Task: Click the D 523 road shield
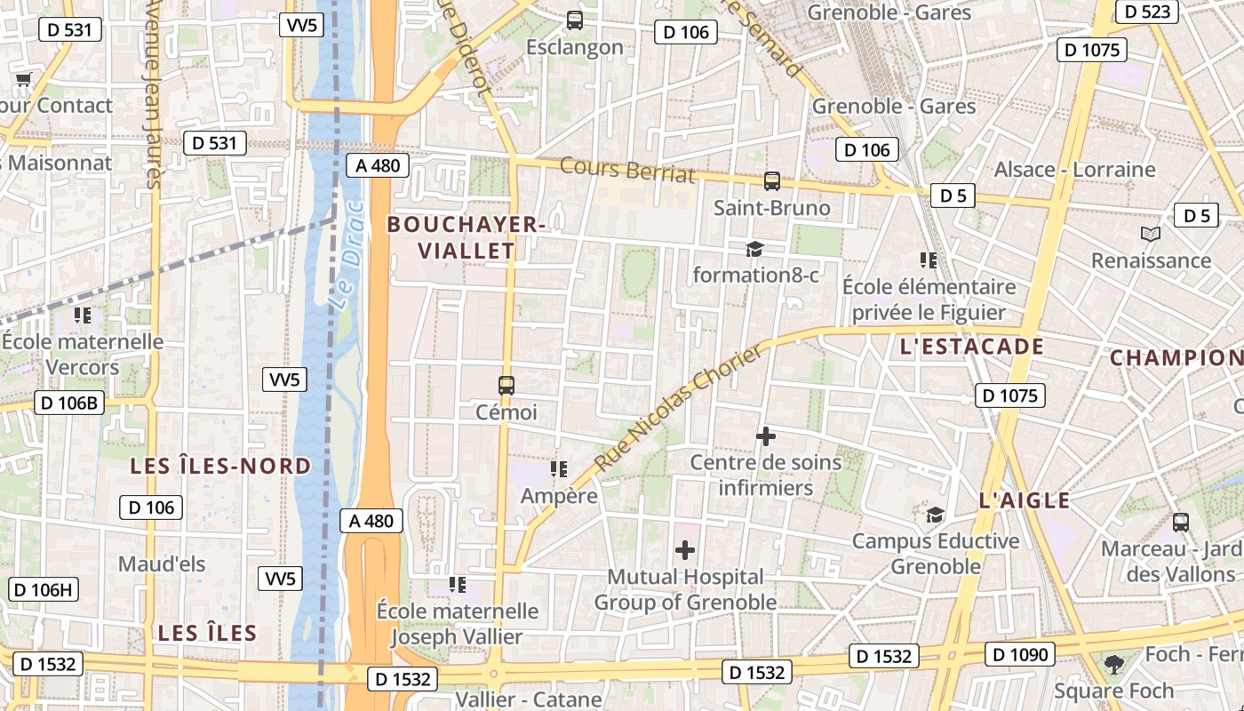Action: pos(1147,12)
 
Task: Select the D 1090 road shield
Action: pos(1021,655)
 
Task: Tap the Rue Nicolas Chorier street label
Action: pos(678,407)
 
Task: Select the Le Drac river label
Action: pos(347,255)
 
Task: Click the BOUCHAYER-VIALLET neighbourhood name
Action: pos(466,238)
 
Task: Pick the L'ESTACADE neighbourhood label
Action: pos(971,347)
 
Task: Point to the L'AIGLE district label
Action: pos(1025,500)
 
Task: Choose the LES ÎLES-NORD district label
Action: pos(220,466)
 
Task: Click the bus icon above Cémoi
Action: pos(506,386)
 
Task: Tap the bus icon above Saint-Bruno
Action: pos(772,181)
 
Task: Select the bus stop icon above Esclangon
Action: pos(575,20)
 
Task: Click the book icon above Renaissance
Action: pos(1151,234)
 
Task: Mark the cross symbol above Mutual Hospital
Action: pos(685,550)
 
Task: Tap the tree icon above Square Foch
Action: pos(1113,664)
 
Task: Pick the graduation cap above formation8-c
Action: pos(754,249)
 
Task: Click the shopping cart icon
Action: pos(23,80)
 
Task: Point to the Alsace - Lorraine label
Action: pos(1074,169)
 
